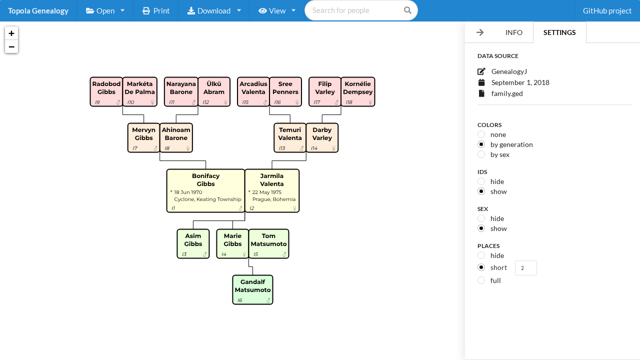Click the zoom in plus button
(x=11, y=33)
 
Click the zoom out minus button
(x=11, y=47)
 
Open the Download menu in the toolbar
(x=214, y=10)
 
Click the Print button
(x=156, y=10)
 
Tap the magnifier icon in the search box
(x=407, y=10)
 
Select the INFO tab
(x=513, y=32)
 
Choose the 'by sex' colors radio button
(x=481, y=154)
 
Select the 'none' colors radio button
(x=481, y=134)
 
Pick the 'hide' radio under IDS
(x=481, y=181)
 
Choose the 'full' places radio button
(x=481, y=280)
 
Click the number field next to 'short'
(x=525, y=268)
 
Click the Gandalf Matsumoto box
(x=252, y=289)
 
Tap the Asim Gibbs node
(x=193, y=243)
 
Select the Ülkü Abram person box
(x=214, y=91)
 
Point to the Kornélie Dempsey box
(x=357, y=91)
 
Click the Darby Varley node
(x=322, y=137)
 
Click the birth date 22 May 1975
(x=266, y=192)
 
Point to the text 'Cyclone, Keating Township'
(x=207, y=199)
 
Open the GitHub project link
(x=607, y=10)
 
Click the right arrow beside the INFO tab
(x=480, y=32)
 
